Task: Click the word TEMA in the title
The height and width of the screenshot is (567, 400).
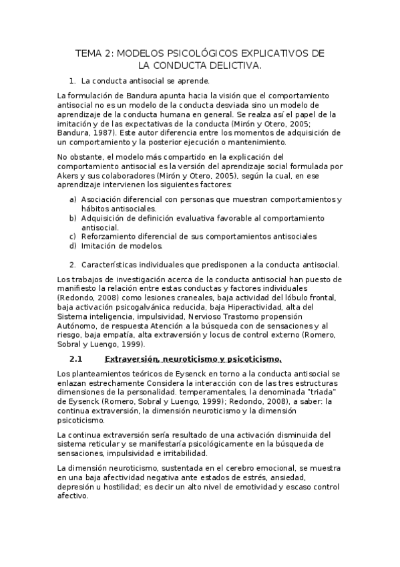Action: (x=87, y=53)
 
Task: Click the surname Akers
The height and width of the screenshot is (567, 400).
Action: (x=68, y=175)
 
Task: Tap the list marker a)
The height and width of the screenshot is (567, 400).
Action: (x=73, y=199)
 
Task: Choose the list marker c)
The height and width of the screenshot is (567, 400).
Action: (x=73, y=236)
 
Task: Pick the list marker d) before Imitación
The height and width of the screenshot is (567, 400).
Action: (x=73, y=245)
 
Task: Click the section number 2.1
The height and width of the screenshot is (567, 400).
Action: (x=76, y=359)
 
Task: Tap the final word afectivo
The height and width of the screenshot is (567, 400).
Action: (x=73, y=497)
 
